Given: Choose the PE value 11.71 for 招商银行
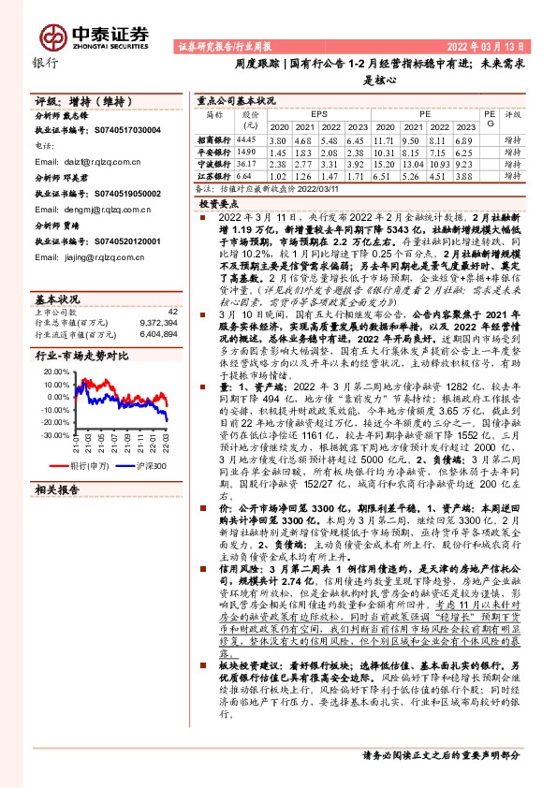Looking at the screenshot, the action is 384,139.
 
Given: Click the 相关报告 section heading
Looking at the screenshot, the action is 59,516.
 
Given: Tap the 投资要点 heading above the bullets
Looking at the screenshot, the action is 221,201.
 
